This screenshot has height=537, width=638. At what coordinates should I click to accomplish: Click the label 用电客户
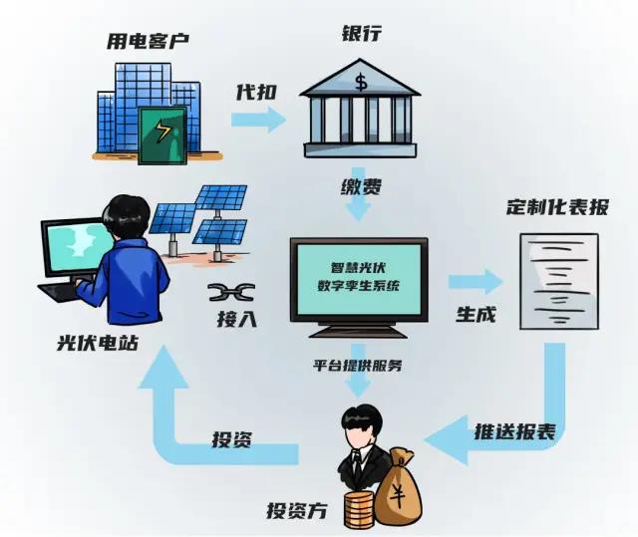147,41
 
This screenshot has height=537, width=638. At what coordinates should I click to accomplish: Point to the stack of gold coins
357,509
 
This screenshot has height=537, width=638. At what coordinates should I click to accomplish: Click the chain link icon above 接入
231,293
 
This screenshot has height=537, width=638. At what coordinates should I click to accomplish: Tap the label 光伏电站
98,343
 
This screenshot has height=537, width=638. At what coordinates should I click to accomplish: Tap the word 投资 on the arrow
236,439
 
